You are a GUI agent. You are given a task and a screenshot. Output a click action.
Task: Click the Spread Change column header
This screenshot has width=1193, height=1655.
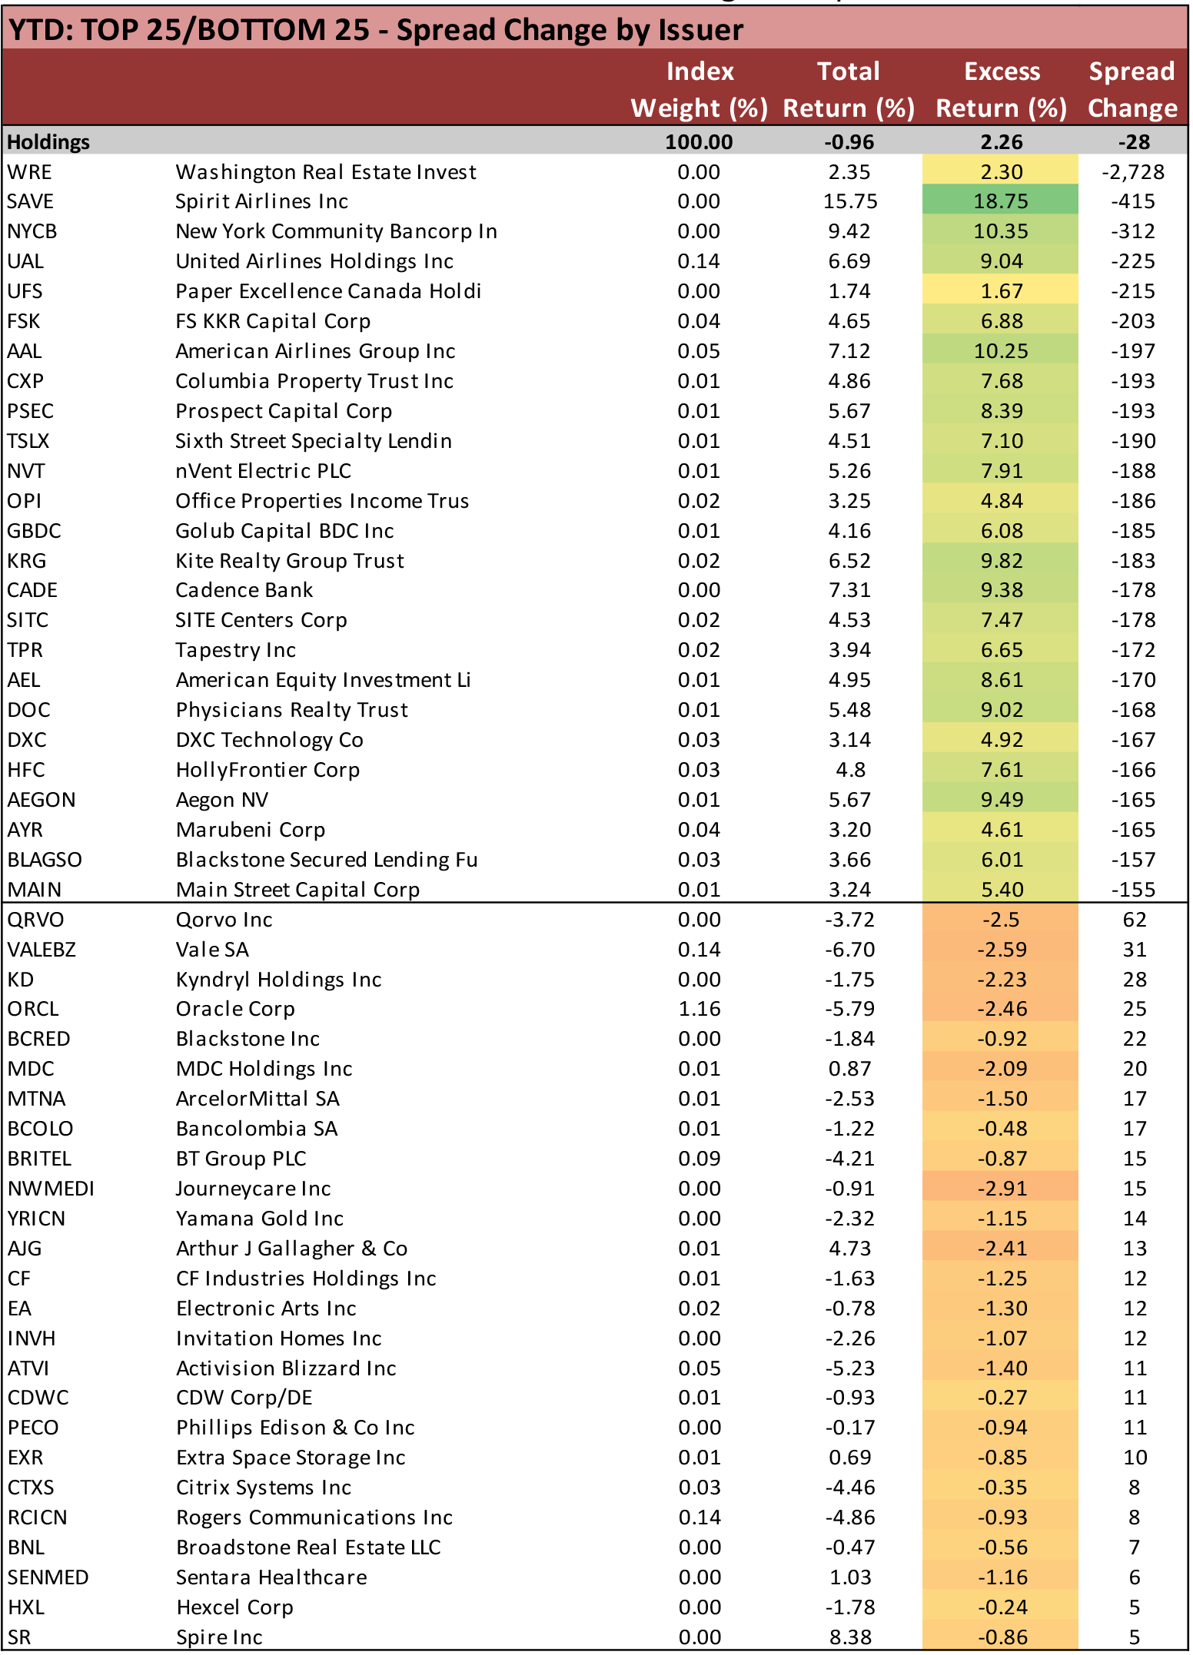1132,89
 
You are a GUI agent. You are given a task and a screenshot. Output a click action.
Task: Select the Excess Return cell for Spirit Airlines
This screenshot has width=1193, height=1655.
1001,201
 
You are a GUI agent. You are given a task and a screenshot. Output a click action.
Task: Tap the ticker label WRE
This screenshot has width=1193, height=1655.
29,172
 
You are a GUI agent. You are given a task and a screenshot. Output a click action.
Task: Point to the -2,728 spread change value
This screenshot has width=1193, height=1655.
1132,172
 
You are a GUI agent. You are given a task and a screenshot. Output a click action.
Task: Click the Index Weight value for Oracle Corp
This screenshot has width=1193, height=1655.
699,1009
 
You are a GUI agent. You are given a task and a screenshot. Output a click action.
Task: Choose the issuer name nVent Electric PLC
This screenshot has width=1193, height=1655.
263,471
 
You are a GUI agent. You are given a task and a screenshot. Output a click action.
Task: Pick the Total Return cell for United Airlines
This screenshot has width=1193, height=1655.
849,261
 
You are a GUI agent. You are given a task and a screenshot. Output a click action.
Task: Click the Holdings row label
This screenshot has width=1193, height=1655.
48,142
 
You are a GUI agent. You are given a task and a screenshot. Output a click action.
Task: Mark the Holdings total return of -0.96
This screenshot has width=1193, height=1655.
849,142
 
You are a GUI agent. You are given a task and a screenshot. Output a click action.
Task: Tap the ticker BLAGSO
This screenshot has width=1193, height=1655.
45,860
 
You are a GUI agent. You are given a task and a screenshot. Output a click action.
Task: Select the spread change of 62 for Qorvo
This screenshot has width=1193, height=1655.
1134,920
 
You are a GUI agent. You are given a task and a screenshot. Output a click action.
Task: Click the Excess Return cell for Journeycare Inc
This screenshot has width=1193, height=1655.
1002,1189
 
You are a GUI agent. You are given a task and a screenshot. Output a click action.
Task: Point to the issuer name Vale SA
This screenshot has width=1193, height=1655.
212,950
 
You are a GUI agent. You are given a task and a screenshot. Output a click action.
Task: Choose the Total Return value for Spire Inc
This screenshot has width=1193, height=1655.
850,1637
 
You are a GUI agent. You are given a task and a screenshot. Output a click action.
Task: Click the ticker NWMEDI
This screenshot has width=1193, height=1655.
51,1189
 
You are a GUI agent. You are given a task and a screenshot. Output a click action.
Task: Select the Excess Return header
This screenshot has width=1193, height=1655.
1001,89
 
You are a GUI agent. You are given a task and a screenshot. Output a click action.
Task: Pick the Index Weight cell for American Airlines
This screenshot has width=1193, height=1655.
699,351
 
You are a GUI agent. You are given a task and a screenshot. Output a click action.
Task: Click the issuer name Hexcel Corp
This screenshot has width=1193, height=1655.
234,1607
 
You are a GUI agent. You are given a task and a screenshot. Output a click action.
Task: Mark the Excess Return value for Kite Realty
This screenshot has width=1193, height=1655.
1001,561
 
